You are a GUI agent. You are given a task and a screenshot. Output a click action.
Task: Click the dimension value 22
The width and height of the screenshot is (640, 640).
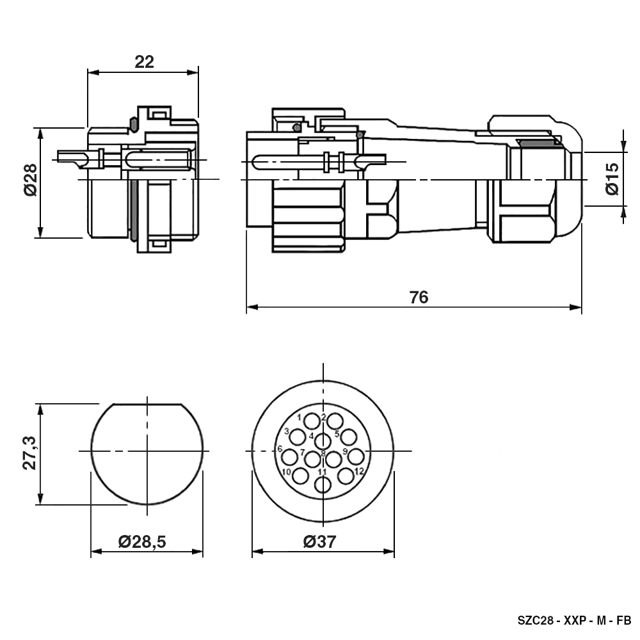coord(145,61)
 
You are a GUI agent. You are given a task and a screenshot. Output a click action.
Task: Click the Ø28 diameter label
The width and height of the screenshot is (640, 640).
coord(31,180)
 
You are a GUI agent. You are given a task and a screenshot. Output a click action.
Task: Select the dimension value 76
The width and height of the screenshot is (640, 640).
coord(419,298)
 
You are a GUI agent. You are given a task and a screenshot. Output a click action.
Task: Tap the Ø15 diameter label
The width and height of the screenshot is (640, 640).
coord(612,179)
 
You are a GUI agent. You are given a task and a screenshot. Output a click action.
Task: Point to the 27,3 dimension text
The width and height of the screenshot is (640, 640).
coord(30,453)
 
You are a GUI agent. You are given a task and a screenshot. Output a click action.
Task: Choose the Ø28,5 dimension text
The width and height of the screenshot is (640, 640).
coord(142,541)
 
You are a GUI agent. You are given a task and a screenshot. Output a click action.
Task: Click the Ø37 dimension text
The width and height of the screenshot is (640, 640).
coord(319,541)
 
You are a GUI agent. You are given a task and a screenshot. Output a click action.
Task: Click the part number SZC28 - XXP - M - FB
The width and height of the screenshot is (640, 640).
coord(574,620)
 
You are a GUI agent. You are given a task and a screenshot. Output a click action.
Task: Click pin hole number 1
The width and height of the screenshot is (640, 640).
coord(312,421)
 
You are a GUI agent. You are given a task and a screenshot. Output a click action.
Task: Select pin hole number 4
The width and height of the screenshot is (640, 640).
coord(323,441)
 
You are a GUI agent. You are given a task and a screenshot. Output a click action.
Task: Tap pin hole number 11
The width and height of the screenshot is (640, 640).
coord(323,484)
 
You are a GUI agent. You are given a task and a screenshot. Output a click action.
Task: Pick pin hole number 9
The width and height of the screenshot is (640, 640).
coord(356,457)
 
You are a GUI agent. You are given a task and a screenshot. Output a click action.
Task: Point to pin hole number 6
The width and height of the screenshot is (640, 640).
coord(290,457)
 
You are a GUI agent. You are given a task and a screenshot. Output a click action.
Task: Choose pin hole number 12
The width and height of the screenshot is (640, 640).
coord(346,476)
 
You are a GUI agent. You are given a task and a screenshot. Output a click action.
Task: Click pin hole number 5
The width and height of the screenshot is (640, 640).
coord(348,437)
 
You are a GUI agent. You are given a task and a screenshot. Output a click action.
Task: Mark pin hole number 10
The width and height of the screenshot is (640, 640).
coord(301,476)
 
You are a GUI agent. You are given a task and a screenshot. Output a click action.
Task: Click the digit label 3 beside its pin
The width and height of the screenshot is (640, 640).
coord(287,431)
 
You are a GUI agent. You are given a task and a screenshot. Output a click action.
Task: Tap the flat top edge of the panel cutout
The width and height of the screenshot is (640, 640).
coord(147,404)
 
